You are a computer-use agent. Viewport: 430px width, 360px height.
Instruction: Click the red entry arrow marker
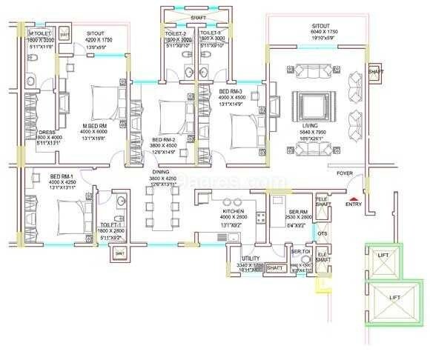click(355, 197)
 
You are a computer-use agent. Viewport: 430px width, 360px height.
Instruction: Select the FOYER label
click(345, 173)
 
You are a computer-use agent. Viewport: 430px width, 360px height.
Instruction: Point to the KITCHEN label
click(233, 211)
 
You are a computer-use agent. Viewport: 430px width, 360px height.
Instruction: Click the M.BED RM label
click(96, 125)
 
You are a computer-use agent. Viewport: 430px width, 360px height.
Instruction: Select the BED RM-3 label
click(231, 90)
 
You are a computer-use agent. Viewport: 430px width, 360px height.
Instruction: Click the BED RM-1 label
click(60, 176)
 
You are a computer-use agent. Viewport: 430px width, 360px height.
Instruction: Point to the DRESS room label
click(47, 133)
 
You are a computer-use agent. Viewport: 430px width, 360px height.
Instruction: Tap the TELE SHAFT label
click(322, 202)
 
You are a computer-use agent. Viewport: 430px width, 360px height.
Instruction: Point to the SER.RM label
click(299, 212)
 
